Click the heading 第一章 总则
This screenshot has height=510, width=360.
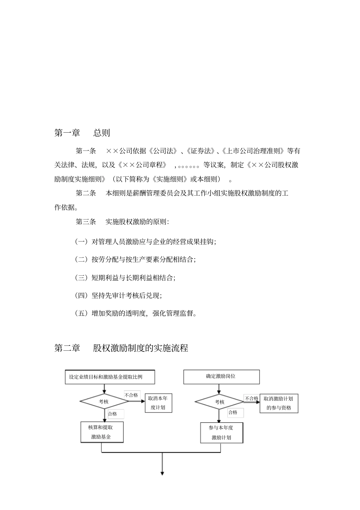82,133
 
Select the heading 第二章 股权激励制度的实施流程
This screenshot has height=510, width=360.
121,348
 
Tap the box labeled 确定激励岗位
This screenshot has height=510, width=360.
221,377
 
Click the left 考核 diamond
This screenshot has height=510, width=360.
104,402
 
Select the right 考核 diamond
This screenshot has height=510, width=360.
219,402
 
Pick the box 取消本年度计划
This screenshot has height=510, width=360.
158,403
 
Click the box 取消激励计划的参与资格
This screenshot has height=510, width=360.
279,403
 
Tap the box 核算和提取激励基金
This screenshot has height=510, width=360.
101,432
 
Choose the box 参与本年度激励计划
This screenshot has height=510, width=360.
221,433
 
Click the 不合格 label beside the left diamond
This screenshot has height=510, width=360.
131,395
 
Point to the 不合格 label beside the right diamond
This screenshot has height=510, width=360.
251,399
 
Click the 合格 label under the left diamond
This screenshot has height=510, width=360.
113,414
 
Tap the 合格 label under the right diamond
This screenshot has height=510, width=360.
233,412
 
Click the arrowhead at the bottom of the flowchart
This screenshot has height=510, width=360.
162,473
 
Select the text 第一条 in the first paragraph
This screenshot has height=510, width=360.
86,151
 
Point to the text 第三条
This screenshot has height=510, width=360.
86,222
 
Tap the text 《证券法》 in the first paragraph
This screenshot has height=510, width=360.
201,151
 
